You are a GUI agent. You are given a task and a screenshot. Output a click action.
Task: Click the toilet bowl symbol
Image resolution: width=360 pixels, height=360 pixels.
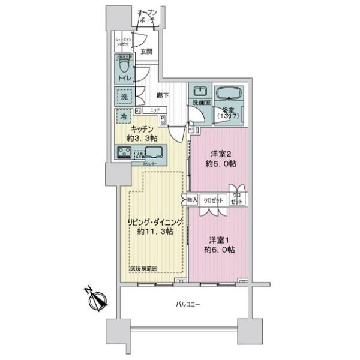[x=125, y=64]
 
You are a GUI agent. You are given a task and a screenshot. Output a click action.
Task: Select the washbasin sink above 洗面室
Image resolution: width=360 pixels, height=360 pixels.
[x=199, y=92]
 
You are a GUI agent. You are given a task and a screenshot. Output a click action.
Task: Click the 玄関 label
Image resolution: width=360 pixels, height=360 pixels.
[x=146, y=52]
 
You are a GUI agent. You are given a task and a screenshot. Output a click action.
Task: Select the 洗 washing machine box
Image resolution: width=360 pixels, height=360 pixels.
[x=123, y=95]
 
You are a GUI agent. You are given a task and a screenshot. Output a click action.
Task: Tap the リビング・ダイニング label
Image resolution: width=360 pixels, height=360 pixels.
[x=155, y=223]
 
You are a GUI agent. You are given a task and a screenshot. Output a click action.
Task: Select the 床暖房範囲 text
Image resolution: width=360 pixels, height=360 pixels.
[x=144, y=269]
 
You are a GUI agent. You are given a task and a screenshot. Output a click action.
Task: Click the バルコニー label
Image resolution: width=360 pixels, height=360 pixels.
[x=190, y=304]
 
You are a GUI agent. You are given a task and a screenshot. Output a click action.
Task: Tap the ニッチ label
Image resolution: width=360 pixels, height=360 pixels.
[x=155, y=111]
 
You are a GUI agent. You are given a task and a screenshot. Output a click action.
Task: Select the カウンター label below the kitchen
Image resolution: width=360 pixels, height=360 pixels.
[x=150, y=163]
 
